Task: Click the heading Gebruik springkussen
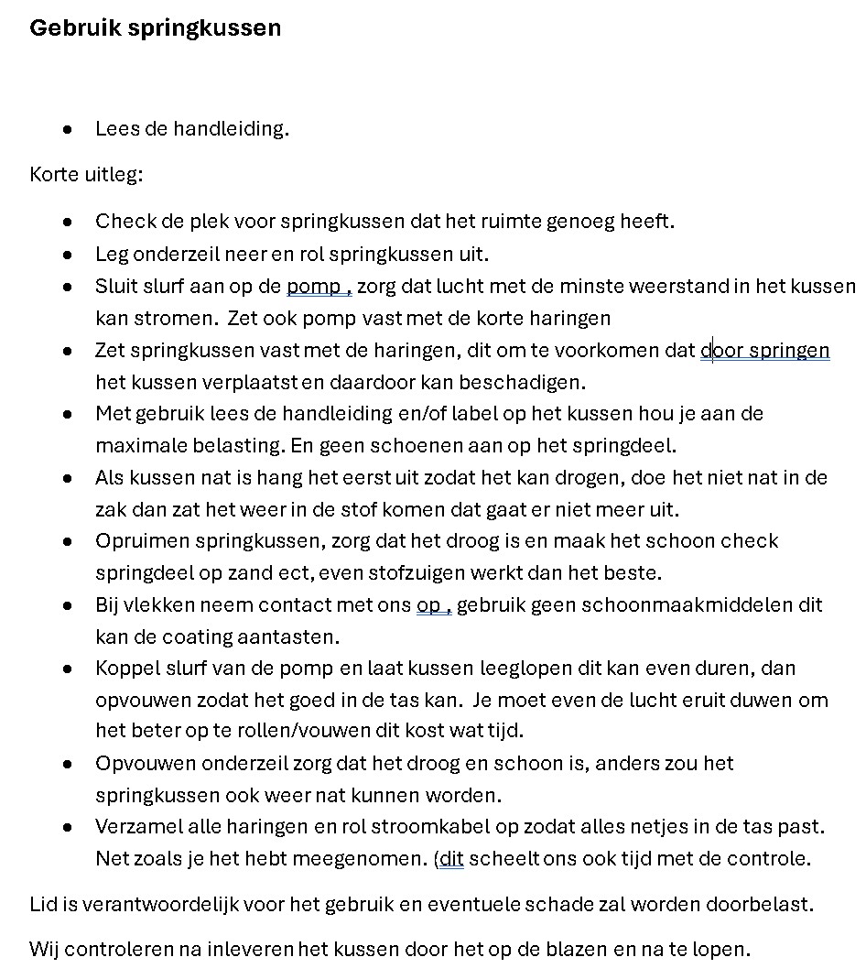point(155,28)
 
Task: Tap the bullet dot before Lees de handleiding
point(68,129)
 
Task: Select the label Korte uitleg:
point(86,174)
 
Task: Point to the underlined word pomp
point(313,287)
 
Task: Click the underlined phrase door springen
point(765,350)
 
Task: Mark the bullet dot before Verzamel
point(68,827)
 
